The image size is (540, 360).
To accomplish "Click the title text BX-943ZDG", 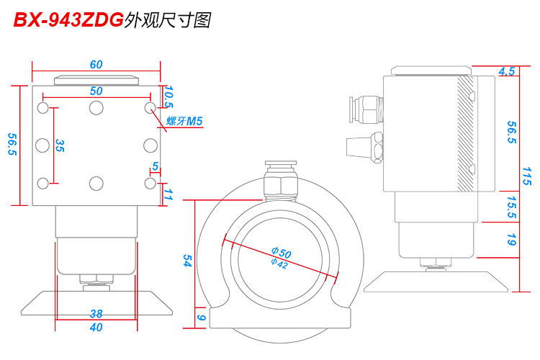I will [68, 21].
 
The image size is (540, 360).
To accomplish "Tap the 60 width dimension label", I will [96, 64].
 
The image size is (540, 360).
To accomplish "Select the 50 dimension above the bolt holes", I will [96, 91].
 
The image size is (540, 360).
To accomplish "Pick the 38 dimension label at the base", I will [96, 313].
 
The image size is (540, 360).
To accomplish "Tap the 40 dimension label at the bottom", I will [96, 328].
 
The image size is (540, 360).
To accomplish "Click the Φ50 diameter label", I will [281, 253].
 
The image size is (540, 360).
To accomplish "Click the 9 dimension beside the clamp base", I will [201, 317].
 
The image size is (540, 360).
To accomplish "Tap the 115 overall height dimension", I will [527, 176].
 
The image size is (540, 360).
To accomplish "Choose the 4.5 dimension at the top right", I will [506, 71].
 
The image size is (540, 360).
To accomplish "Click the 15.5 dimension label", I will [511, 207].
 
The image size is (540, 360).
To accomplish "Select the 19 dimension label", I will [511, 240].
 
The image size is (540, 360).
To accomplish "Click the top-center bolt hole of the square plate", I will [96, 108].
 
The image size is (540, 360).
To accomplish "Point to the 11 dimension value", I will [168, 194].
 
